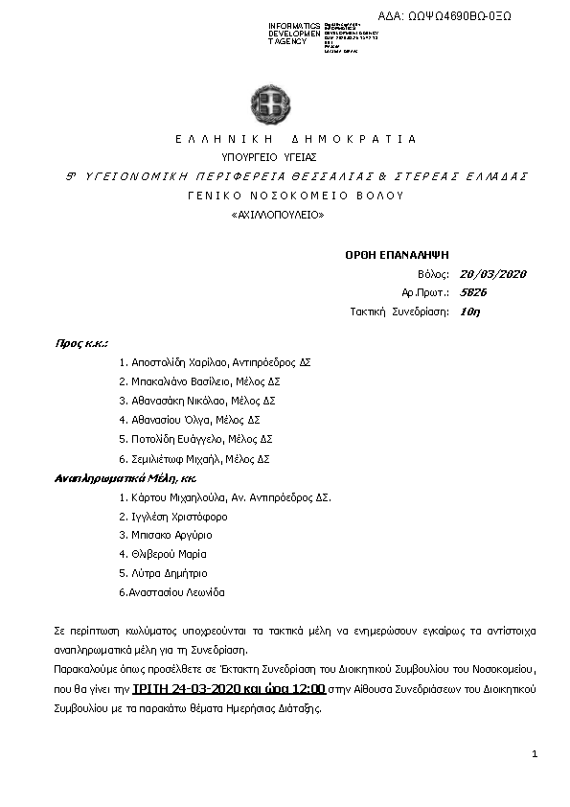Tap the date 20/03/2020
493,274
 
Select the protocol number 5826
473,292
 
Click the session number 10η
469,311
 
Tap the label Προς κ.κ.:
80,342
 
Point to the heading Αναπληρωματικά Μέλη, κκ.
125,477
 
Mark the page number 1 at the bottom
534,755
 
